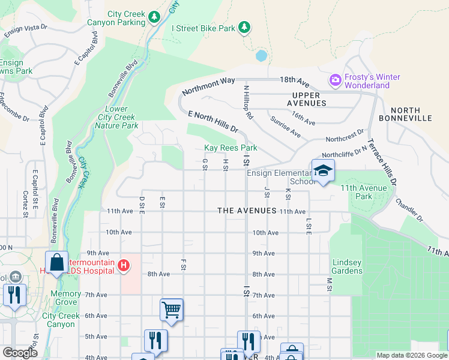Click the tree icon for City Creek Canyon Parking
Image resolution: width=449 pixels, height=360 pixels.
pos(154,16)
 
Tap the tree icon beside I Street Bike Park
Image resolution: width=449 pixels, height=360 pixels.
pos(244,27)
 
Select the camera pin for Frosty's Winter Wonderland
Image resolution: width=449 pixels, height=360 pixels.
pos(335,79)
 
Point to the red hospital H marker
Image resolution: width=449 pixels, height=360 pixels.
pos(123,265)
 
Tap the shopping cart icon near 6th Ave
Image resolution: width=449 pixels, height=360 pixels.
pos(171,310)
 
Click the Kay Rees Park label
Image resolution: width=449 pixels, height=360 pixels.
pos(231,148)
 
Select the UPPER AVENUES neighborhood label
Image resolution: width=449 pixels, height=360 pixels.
pos(310,99)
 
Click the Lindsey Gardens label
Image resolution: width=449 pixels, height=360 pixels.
pos(348,266)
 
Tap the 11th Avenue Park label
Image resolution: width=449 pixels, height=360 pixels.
pos(372,192)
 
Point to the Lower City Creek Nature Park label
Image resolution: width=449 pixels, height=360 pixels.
pos(118,117)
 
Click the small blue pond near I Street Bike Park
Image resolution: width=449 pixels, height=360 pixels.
pos(261,56)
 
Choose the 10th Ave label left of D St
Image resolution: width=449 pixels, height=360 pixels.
pos(118,232)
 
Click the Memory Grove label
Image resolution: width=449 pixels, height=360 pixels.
pos(66,298)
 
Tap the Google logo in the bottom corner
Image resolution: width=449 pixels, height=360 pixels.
pos(20,353)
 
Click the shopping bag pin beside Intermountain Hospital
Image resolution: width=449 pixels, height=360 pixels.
pos(56,263)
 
